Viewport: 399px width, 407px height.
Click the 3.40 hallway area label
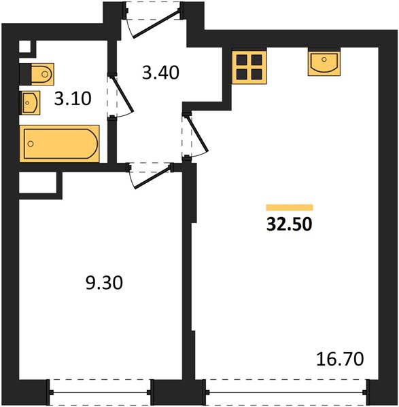tap(160, 73)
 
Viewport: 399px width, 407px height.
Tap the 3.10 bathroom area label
tap(73, 98)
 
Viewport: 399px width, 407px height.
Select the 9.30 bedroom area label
tap(104, 283)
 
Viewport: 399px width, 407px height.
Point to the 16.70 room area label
tap(340, 359)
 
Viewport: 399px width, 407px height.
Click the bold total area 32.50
tap(290, 225)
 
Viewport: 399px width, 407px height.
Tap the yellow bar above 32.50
tap(290, 208)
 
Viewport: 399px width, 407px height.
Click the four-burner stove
tap(249, 67)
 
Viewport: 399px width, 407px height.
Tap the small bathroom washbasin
tap(30, 102)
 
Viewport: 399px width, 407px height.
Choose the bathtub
tap(60, 144)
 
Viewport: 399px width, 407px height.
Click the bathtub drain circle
tap(31, 144)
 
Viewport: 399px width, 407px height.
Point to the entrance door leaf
tap(156, 24)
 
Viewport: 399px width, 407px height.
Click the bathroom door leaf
tap(122, 94)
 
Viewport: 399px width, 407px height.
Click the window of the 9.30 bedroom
tap(100, 392)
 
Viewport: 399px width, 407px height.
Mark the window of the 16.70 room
tap(286, 392)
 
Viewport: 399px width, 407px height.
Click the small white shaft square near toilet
tap(24, 47)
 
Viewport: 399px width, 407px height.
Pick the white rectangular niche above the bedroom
tap(37, 182)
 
